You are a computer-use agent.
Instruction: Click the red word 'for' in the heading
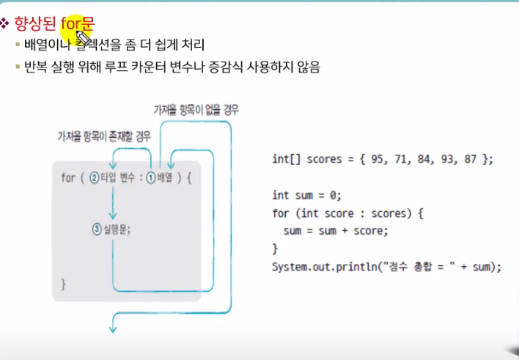coord(70,24)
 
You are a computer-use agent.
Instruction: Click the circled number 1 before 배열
coord(150,178)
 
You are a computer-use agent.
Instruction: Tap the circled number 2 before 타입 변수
coord(94,178)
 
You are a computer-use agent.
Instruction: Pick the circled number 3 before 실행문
coord(96,229)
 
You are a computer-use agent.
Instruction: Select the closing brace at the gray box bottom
coord(63,282)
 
